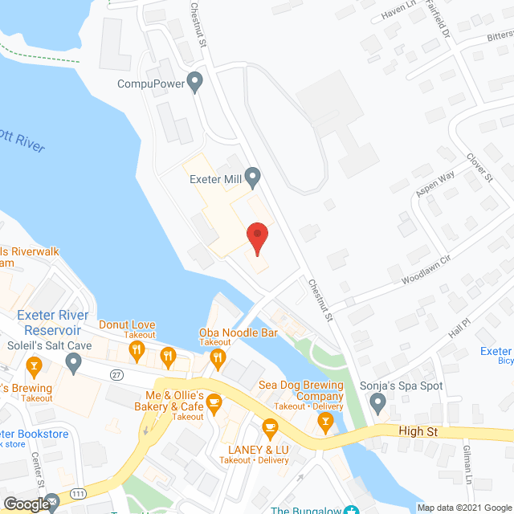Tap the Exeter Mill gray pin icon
[x=253, y=176]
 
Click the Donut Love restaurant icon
[x=137, y=349]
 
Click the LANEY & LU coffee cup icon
[x=270, y=425]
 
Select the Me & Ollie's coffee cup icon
[x=214, y=402]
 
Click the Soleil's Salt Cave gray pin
[x=74, y=364]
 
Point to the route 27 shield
[x=118, y=374]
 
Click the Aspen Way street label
[x=434, y=185]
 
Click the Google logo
[x=26, y=504]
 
